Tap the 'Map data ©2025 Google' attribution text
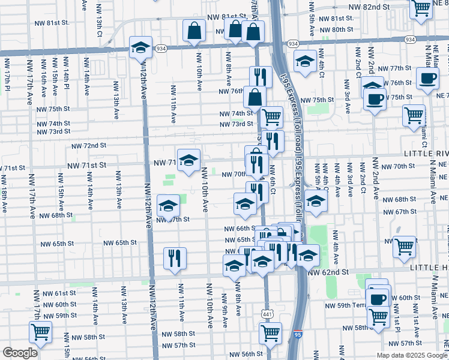coord(412,355)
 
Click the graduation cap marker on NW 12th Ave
coord(140,49)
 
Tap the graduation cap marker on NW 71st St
coord(188,160)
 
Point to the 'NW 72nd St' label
coord(89,146)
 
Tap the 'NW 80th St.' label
coord(336,29)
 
